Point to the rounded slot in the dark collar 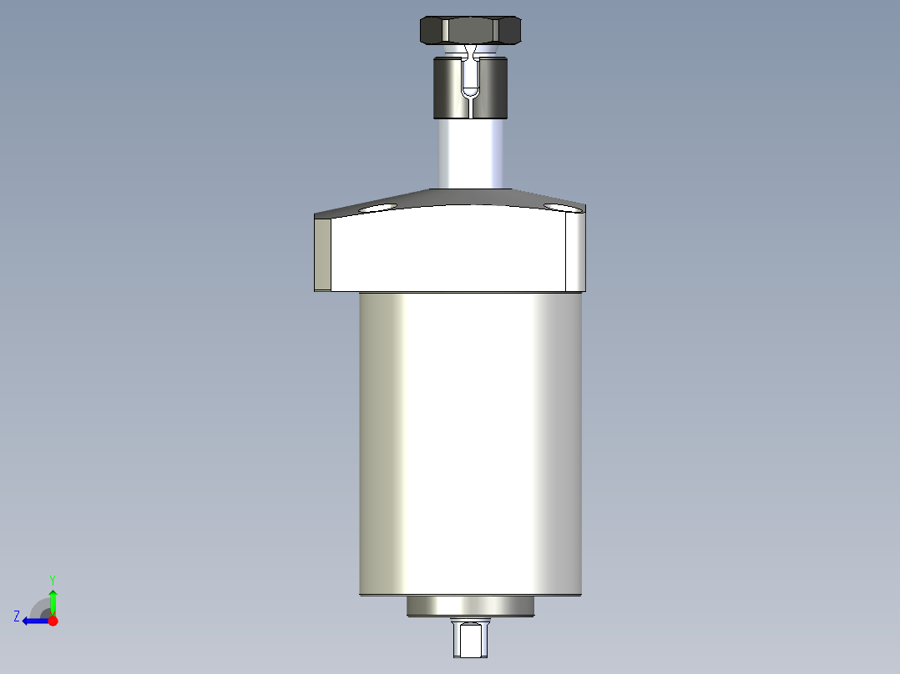pos(471,83)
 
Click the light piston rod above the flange pos(471,154)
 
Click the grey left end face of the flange pos(322,254)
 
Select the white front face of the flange pos(451,250)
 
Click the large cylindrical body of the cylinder pos(470,442)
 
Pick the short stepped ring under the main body pos(470,606)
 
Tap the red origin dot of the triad pos(53,621)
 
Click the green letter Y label pos(53,579)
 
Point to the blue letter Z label pos(17,616)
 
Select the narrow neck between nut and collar pos(473,52)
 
